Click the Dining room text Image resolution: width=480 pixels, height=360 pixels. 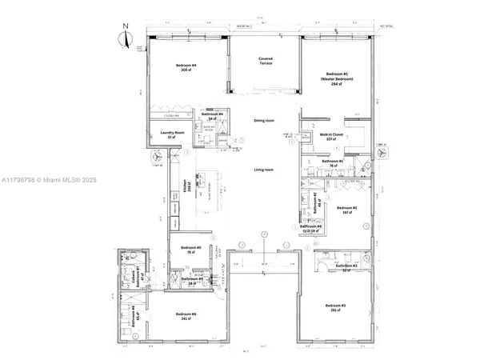pyautogui.click(x=264, y=121)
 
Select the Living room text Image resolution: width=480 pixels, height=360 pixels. pyautogui.click(x=264, y=170)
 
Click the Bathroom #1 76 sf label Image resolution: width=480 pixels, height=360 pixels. pyautogui.click(x=332, y=163)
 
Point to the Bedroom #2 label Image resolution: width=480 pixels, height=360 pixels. pyautogui.click(x=346, y=210)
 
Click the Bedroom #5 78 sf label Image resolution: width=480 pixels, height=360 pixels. pyautogui.click(x=191, y=250)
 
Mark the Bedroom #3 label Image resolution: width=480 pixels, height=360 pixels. pyautogui.click(x=335, y=309)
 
